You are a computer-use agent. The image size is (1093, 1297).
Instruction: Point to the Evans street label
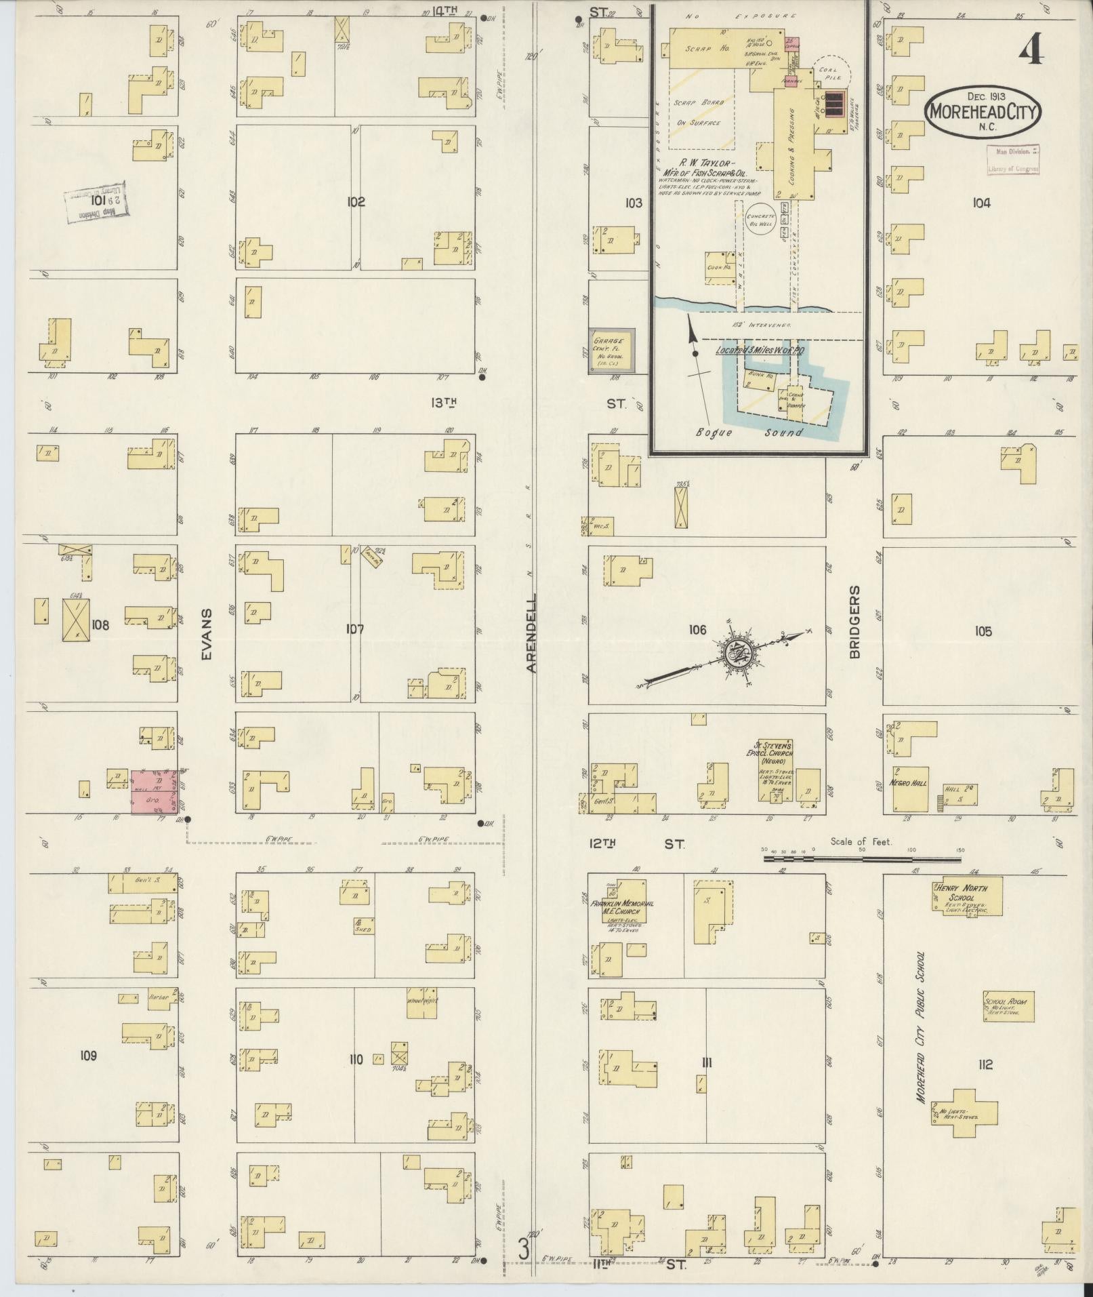click(x=207, y=634)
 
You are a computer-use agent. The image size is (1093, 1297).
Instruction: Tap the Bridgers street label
click(x=854, y=622)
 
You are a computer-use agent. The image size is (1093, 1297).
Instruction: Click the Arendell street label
click(x=532, y=633)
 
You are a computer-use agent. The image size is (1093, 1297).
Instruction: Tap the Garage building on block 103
click(x=612, y=350)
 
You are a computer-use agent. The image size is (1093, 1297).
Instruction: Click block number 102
click(x=356, y=201)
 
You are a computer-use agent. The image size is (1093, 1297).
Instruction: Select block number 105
click(x=983, y=631)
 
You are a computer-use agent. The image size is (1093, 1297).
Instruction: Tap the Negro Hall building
click(x=909, y=790)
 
